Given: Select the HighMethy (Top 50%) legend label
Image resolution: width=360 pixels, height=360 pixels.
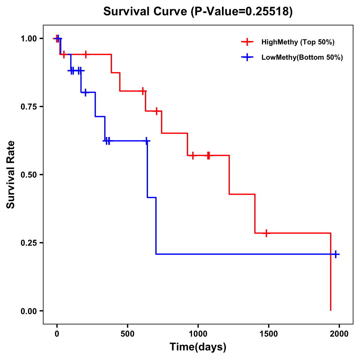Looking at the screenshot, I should pyautogui.click(x=298, y=42).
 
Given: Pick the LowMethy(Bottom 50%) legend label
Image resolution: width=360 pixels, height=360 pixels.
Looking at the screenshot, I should pyautogui.click(x=302, y=57).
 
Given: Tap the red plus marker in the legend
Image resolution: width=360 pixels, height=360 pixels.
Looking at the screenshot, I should pyautogui.click(x=247, y=42).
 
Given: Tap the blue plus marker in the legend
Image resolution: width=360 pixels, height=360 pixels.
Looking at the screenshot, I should pyautogui.click(x=247, y=57).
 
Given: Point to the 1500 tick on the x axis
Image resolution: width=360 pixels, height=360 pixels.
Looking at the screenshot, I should pyautogui.click(x=268, y=334).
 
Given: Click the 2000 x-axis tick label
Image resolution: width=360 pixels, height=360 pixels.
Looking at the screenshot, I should pyautogui.click(x=339, y=334).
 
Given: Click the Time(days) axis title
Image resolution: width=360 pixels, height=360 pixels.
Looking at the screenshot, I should pyautogui.click(x=198, y=347).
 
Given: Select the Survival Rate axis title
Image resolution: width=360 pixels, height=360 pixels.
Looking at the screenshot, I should pyautogui.click(x=11, y=175).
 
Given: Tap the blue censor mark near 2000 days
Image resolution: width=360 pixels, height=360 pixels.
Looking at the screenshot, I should pyautogui.click(x=336, y=254).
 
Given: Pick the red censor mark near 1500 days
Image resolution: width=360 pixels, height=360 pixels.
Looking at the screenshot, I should pyautogui.click(x=266, y=233).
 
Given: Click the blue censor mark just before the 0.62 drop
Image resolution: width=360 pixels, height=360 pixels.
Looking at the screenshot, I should pyautogui.click(x=146, y=141).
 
